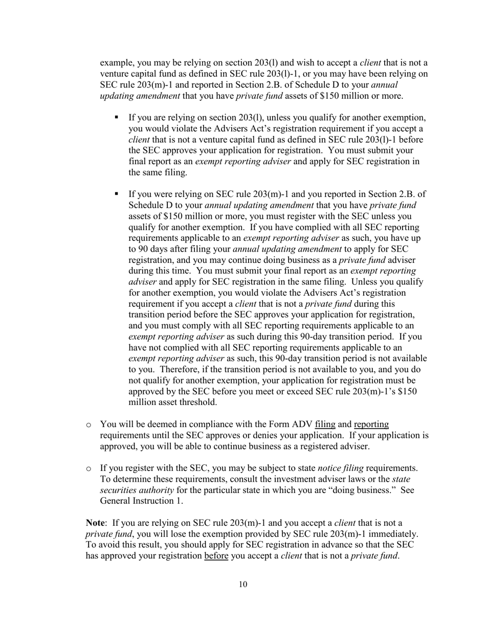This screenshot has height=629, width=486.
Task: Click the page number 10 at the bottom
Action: pyautogui.click(x=243, y=585)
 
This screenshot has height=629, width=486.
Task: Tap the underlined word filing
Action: pyautogui.click(x=325, y=424)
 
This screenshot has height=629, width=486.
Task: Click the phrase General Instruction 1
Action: pyautogui.click(x=134, y=501)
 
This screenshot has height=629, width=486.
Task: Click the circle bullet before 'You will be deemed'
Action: pyautogui.click(x=89, y=424)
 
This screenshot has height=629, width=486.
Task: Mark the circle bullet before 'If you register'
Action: pyautogui.click(x=89, y=468)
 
